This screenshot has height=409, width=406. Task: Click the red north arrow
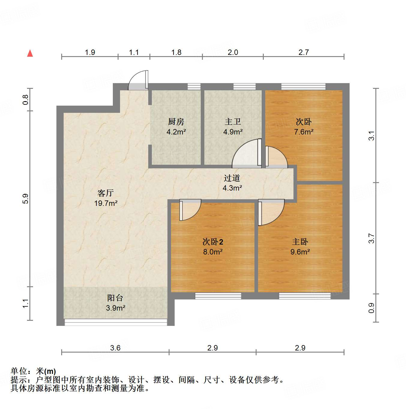[30, 53]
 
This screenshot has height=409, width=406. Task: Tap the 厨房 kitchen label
[176, 122]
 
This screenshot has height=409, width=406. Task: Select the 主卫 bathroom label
[233, 122]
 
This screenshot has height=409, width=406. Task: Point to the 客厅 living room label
[106, 193]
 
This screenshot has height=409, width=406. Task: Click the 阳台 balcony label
[115, 298]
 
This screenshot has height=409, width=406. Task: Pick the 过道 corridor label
[232, 178]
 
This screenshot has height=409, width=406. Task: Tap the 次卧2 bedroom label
[213, 242]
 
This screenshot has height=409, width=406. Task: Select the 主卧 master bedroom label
[300, 242]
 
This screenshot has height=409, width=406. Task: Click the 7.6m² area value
[304, 132]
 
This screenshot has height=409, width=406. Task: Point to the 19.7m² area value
[106, 203]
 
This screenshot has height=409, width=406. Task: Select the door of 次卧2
[190, 210]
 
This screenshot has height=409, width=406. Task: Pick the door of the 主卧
[271, 212]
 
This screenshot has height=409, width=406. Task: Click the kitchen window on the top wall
[194, 87]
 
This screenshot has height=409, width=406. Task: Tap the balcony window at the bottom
[116, 322]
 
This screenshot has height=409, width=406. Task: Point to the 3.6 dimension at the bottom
[115, 348]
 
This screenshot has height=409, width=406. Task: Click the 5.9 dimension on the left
[26, 199]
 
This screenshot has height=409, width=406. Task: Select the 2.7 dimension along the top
[304, 53]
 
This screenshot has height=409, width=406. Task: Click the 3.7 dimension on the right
[371, 238]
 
